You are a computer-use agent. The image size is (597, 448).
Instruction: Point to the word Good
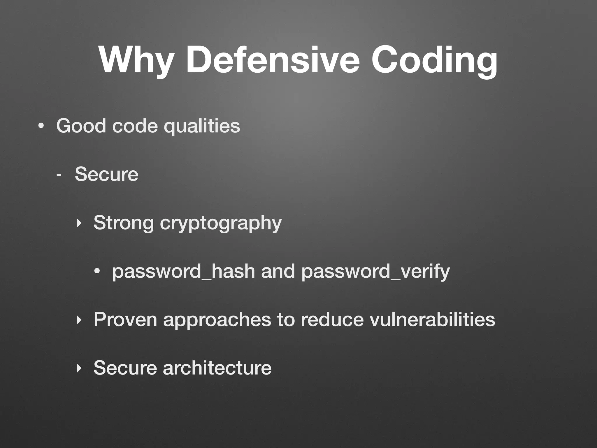[81, 126]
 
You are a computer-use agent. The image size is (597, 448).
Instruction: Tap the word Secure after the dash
[106, 174]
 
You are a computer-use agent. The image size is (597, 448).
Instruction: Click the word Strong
[123, 223]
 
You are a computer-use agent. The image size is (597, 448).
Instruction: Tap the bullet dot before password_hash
[97, 272]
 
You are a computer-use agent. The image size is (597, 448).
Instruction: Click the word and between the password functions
[278, 271]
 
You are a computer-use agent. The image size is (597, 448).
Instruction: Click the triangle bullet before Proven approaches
[78, 320]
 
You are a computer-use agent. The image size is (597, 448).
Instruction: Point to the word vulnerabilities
[432, 319]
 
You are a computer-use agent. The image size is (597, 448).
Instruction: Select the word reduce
[332, 319]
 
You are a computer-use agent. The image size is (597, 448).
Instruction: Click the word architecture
[217, 368]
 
